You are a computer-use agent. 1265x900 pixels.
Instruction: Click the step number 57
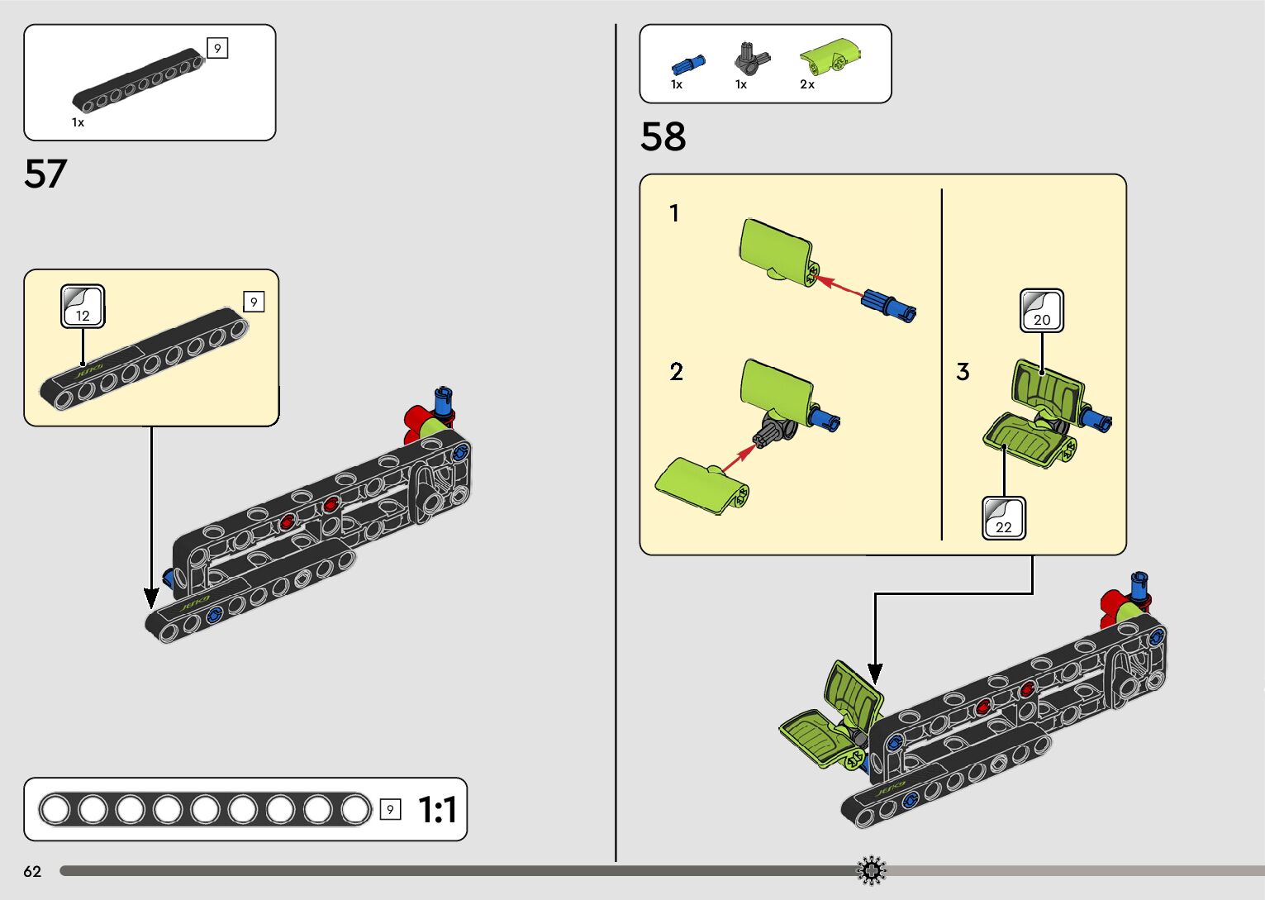[x=45, y=174]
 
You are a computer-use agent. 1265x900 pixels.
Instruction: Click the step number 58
[x=663, y=136]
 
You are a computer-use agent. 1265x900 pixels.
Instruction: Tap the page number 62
[x=32, y=871]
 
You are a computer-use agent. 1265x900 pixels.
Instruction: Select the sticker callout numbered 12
[x=83, y=307]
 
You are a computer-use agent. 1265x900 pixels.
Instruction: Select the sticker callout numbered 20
[x=1041, y=311]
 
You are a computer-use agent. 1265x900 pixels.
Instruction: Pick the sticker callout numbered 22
[x=1003, y=518]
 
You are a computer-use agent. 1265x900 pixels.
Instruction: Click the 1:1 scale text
[x=437, y=810]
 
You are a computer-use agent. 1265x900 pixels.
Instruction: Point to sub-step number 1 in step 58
[x=674, y=213]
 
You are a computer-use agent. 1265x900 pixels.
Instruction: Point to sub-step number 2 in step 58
[x=676, y=372]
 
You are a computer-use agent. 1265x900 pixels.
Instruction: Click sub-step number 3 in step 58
[x=963, y=372]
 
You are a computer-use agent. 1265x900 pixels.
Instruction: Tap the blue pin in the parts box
[x=687, y=64]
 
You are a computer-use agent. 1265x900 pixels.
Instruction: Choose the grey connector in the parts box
[x=750, y=60]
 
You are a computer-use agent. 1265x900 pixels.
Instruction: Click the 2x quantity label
[x=807, y=84]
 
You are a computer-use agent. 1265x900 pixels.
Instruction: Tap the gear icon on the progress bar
[x=872, y=870]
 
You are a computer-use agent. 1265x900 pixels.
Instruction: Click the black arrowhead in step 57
[x=151, y=598]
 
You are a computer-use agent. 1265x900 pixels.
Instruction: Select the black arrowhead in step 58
[x=875, y=674]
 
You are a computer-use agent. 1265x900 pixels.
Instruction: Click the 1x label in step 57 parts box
[x=78, y=122]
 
